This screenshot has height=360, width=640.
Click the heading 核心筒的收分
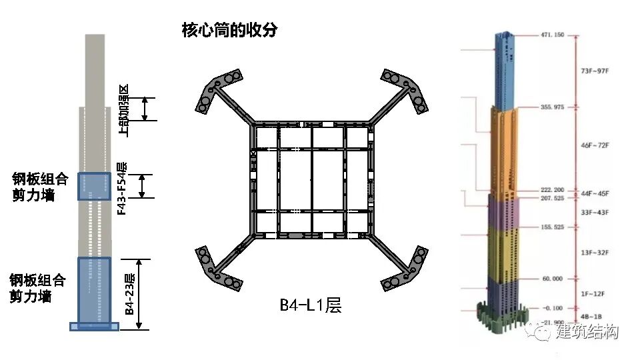point(229,30)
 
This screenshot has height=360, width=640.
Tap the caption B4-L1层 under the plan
point(310,306)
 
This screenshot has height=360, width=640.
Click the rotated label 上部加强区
point(123,109)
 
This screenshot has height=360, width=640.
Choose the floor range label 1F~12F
point(595,293)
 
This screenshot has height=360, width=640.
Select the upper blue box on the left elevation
point(94,187)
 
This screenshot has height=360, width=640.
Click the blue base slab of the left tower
point(94,326)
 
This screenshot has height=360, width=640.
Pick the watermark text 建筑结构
point(587,331)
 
